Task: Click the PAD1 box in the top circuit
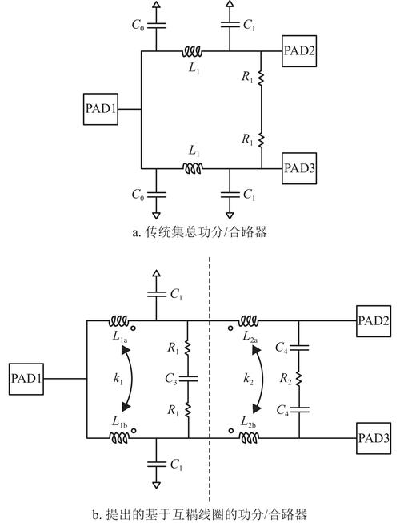coord(102,109)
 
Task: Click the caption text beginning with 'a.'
coord(199,233)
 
